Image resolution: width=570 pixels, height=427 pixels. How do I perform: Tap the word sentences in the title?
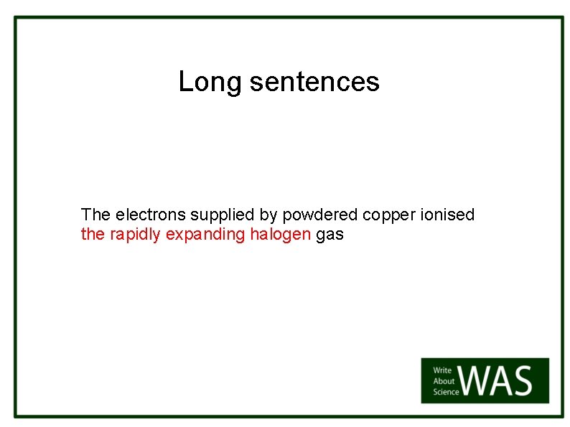[x=314, y=83]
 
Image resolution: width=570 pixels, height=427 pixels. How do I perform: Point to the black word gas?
[x=330, y=235]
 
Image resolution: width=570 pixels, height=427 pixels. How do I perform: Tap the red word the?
[x=93, y=235]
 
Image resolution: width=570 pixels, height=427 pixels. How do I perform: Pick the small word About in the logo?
[x=444, y=381]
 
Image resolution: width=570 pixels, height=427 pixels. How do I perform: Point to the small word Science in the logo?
[x=446, y=391]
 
